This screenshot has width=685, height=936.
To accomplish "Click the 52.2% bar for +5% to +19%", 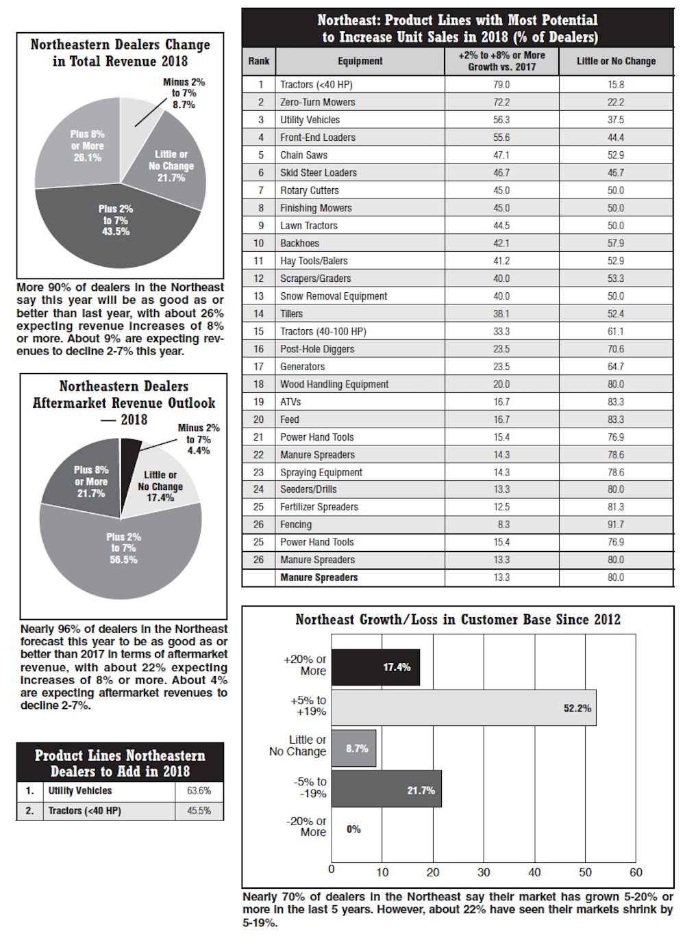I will [464, 707].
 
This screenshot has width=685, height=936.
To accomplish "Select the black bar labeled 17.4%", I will [375, 667].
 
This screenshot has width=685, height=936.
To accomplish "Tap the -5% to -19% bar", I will [386, 789].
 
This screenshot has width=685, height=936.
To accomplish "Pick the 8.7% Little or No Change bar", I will [353, 749].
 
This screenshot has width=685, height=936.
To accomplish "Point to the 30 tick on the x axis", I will [484, 872].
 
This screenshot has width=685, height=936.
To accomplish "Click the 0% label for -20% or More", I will [353, 829].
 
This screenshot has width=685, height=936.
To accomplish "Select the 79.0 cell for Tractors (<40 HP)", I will [501, 85].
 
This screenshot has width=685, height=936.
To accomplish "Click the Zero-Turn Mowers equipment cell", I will [318, 103].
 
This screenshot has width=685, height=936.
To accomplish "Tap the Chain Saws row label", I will [304, 155].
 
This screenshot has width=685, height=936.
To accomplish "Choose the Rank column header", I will [259, 61].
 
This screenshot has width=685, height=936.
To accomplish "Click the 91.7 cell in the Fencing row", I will [616, 525].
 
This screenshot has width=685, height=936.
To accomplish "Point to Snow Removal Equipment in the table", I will [334, 296].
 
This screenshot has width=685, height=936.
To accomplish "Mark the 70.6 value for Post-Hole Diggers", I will [616, 349].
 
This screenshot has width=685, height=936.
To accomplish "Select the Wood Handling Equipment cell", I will [334, 385].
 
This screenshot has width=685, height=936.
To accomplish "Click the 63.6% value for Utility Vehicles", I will [199, 791].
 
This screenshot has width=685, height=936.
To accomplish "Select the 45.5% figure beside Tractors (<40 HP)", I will [199, 811].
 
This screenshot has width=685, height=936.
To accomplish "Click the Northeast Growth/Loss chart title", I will [458, 620].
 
